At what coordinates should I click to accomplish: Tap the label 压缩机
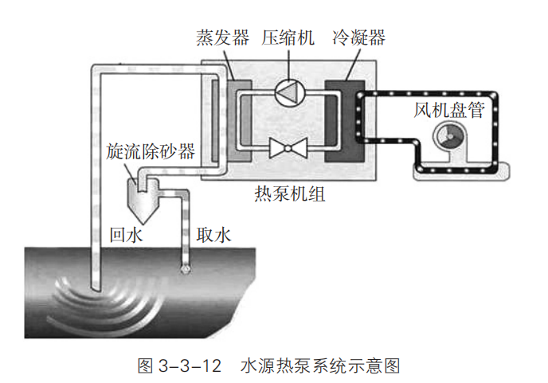click(288, 37)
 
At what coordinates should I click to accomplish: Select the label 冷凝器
click(358, 37)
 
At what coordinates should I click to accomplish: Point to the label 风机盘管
click(448, 110)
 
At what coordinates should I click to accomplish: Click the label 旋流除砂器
click(151, 152)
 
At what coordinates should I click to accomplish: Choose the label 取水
click(213, 235)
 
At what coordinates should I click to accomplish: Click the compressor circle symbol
click(287, 92)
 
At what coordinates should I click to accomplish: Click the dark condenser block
click(343, 119)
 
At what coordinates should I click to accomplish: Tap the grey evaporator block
click(237, 119)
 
